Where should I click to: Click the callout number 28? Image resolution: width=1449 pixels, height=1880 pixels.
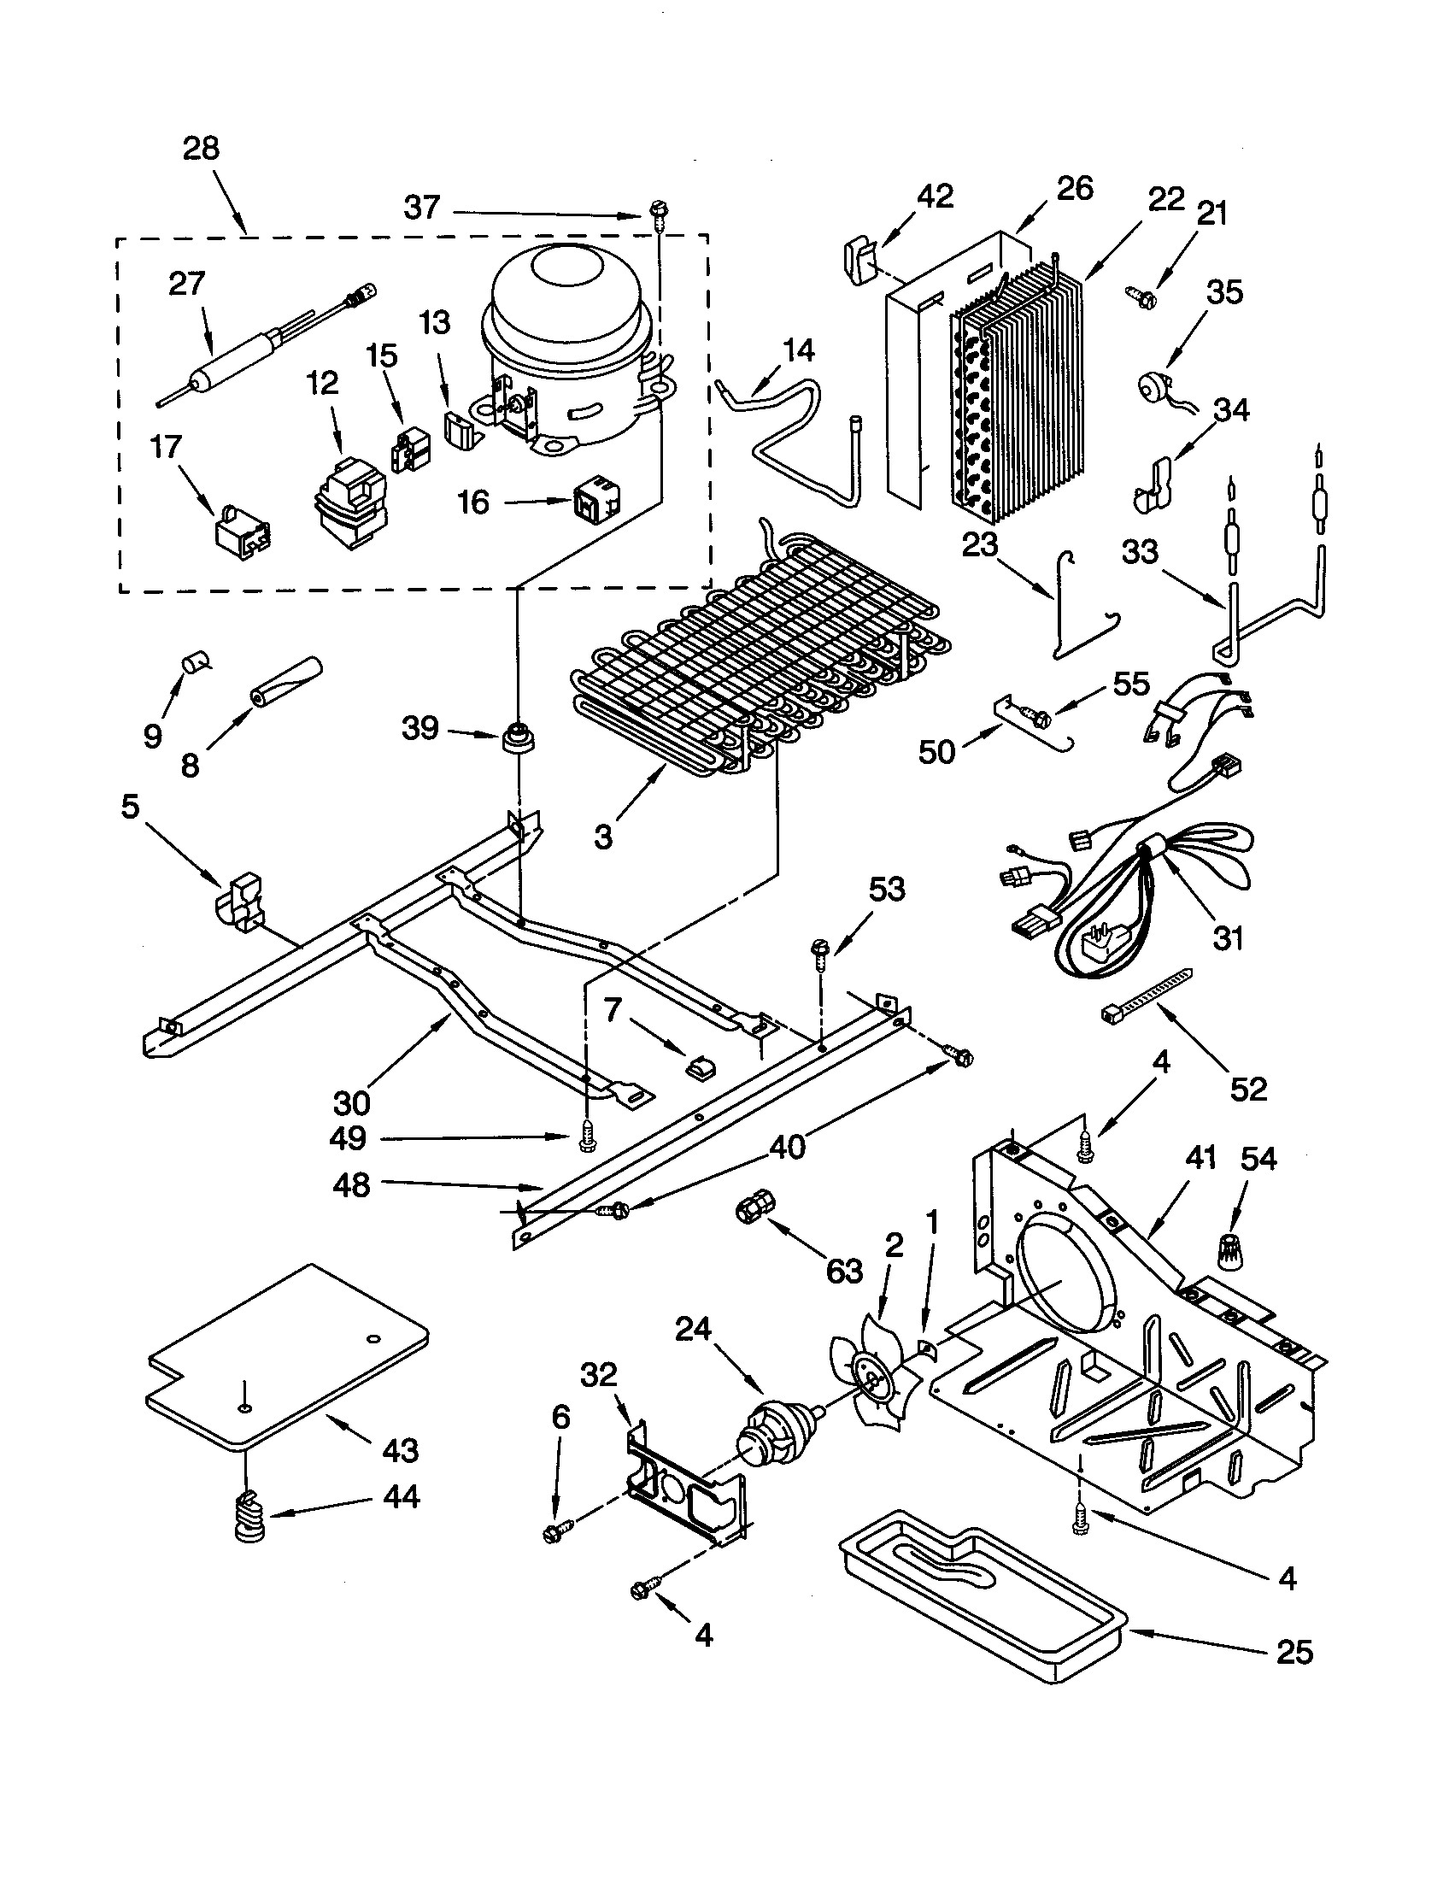click(201, 148)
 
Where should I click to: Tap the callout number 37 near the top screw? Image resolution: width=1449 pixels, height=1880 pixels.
click(421, 208)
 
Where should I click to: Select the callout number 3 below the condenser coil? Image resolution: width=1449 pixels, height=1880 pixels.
click(603, 835)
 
